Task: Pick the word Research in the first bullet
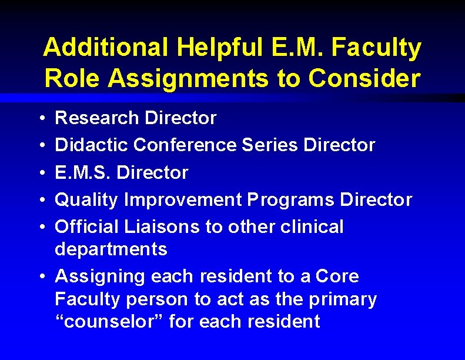pos(96,118)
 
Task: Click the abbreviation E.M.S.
pos(80,172)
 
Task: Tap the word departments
pos(111,249)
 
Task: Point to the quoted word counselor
pos(111,322)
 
